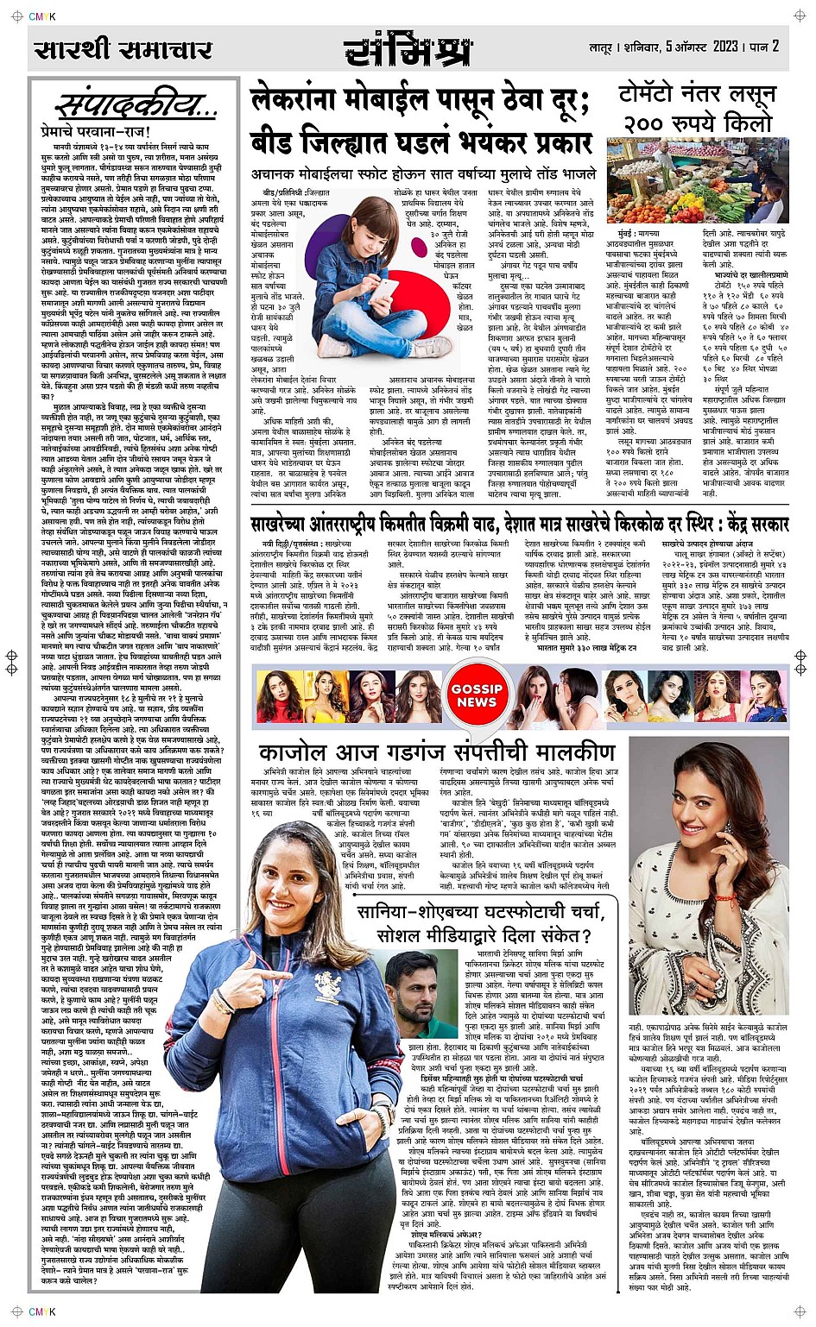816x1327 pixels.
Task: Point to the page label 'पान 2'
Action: [x=765, y=46]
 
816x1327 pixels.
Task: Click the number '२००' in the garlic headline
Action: [x=649, y=123]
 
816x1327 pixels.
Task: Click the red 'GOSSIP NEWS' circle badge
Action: [x=477, y=695]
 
